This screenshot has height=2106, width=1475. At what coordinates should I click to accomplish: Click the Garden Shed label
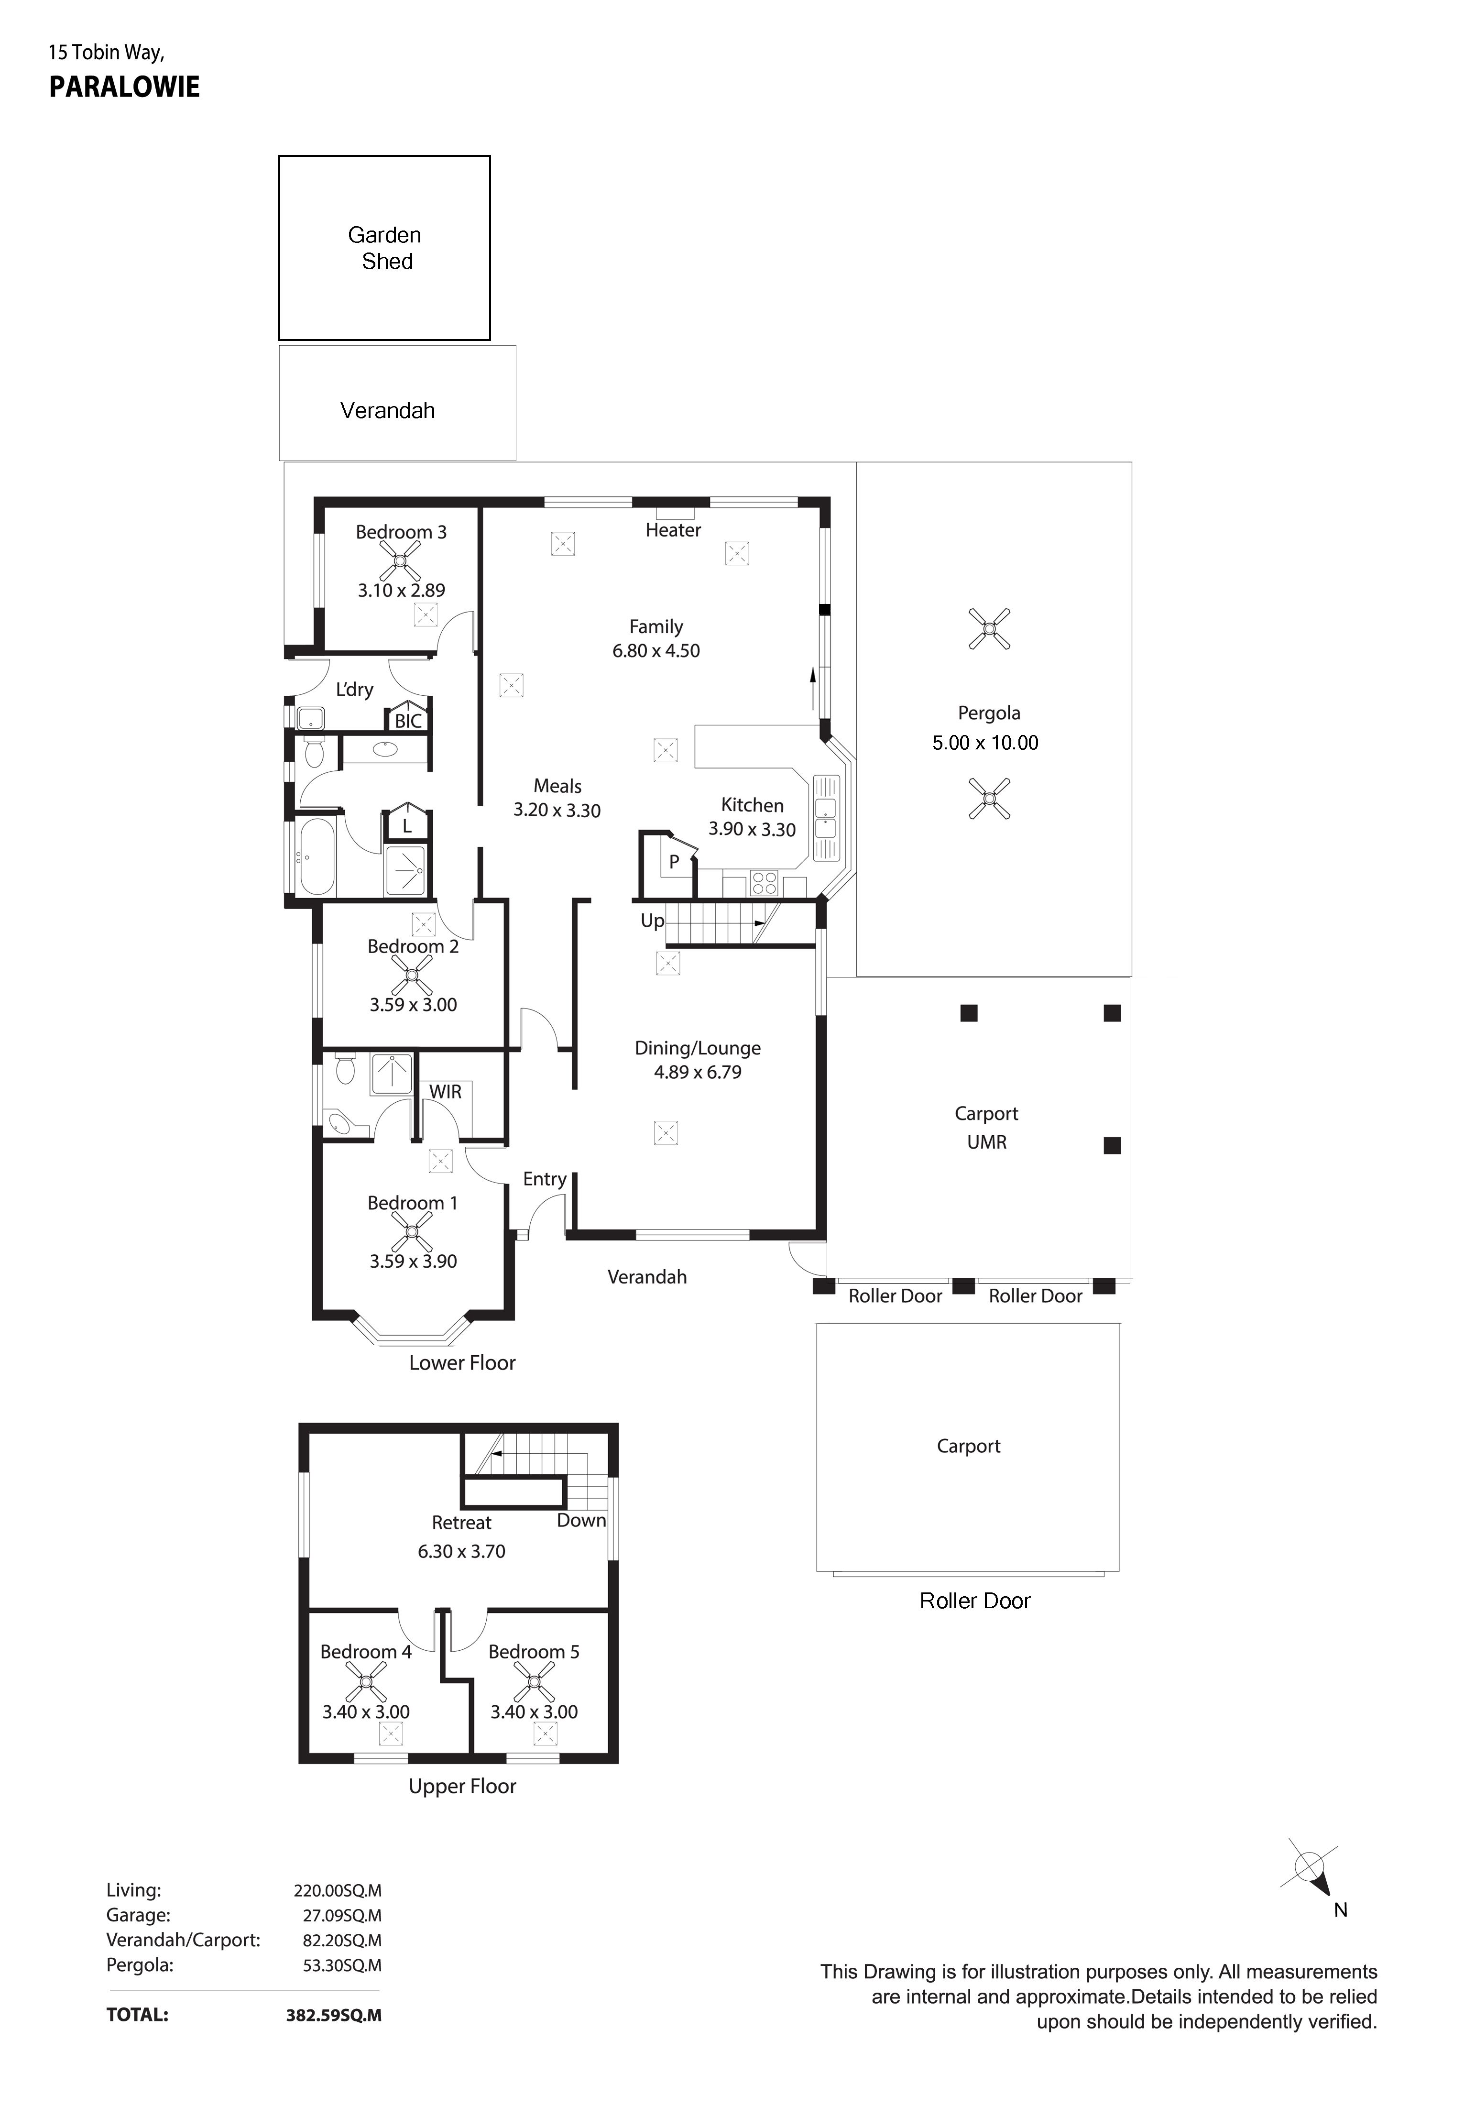[385, 249]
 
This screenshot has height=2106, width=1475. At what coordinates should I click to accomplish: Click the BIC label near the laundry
[408, 721]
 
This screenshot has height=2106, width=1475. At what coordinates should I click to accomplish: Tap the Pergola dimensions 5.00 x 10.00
[985, 743]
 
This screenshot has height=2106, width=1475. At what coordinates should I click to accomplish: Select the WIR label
[446, 1092]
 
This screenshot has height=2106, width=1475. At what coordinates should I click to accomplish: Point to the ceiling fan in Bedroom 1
[412, 1231]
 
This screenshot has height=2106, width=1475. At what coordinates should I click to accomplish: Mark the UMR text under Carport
[987, 1142]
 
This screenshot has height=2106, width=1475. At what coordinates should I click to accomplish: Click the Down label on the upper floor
[581, 1520]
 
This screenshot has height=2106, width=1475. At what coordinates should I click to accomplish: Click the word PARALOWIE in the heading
[125, 87]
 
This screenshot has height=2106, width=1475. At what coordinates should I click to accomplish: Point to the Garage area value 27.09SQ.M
[342, 1915]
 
